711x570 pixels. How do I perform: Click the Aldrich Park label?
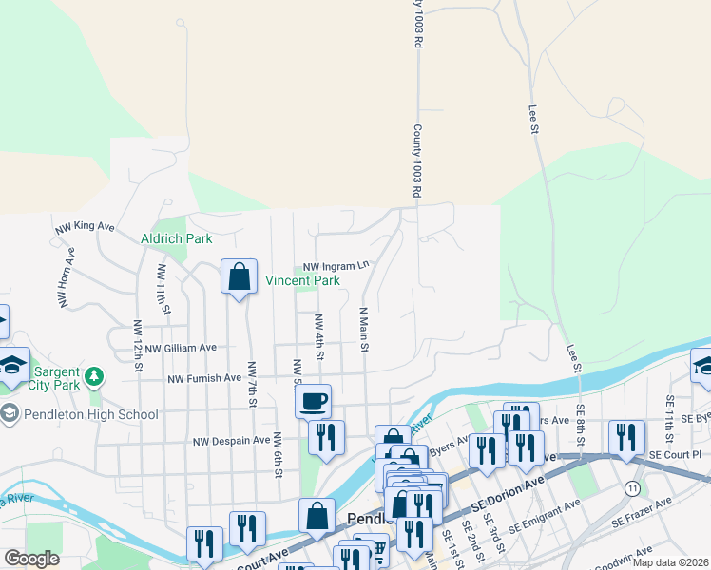click(x=177, y=238)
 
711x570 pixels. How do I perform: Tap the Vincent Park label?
click(x=302, y=281)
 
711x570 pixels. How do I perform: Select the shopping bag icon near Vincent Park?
click(x=240, y=276)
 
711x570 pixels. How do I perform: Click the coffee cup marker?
click(x=312, y=400)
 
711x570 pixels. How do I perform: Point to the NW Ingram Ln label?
click(x=336, y=267)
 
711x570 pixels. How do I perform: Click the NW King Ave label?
click(x=85, y=227)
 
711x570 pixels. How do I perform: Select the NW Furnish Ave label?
click(x=204, y=378)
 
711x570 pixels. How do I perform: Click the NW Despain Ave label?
click(x=231, y=441)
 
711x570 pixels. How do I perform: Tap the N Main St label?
click(x=363, y=329)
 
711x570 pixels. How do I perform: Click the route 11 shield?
click(x=632, y=487)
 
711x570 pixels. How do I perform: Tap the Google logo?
click(x=32, y=558)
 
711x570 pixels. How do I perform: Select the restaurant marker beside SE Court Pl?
click(x=625, y=437)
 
